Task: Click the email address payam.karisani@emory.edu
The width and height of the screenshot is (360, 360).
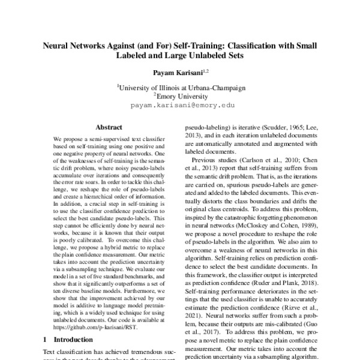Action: point(180,104)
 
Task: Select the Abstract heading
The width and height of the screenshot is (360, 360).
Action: point(109,127)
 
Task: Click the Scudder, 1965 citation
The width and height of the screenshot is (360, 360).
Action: point(280,128)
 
